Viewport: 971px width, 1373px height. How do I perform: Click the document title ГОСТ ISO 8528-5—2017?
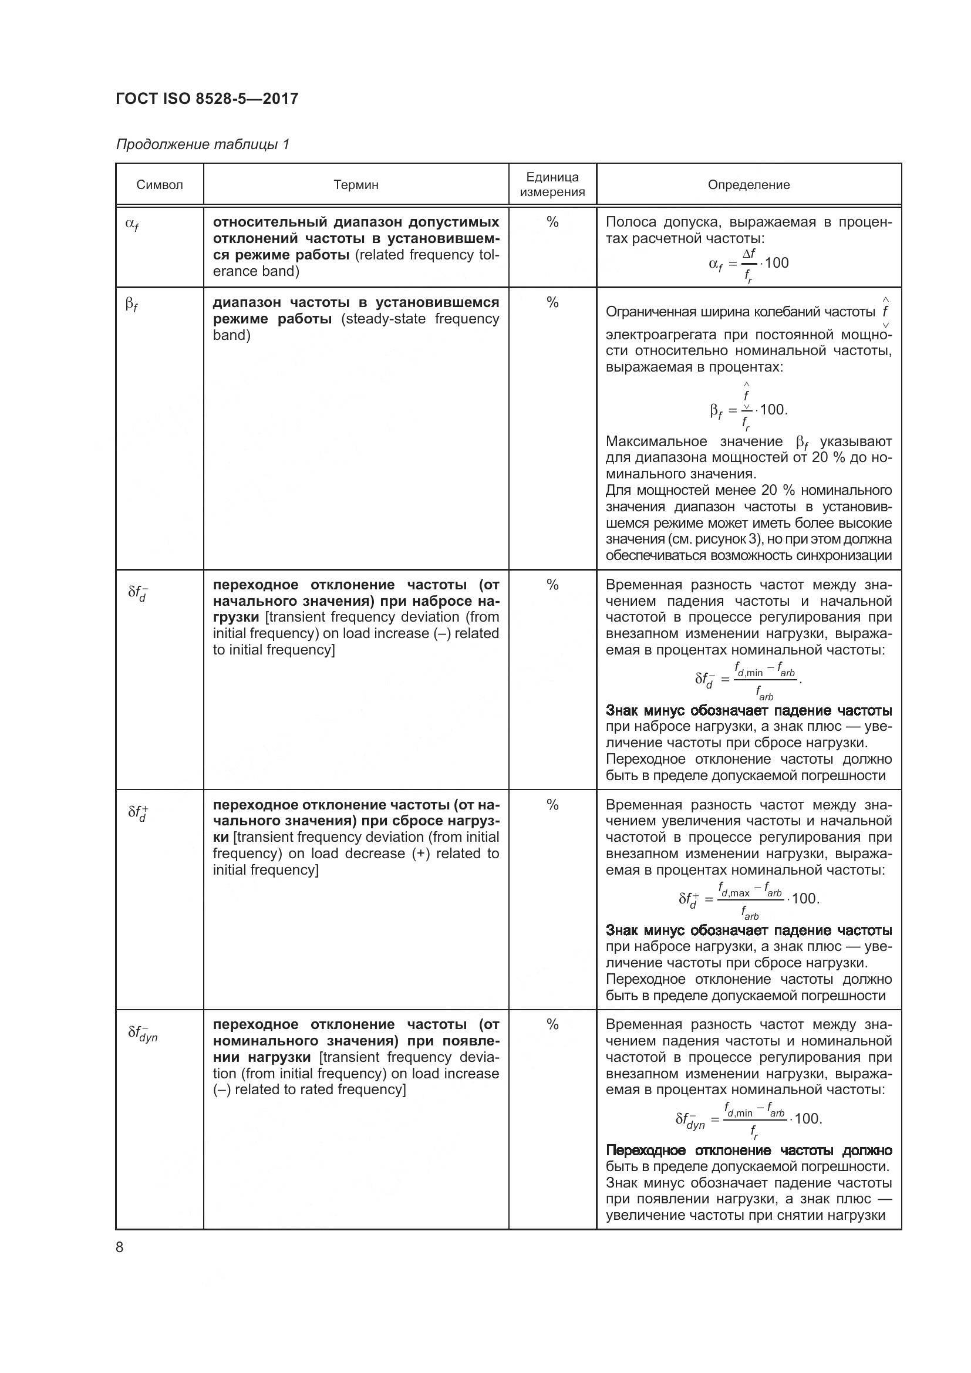tap(207, 99)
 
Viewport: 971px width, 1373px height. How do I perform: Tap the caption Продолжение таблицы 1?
tap(203, 144)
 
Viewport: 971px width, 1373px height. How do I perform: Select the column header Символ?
tap(160, 185)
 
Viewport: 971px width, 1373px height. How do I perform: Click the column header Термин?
tap(356, 185)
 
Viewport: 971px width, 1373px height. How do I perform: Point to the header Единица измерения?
tap(552, 184)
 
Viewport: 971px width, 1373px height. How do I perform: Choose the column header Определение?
tap(749, 185)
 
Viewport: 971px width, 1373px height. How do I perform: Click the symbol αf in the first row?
tap(132, 224)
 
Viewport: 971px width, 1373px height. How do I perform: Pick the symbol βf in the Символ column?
tap(132, 305)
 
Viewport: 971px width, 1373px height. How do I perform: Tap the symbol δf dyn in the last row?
tap(142, 1033)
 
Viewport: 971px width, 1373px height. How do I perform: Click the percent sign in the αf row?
tap(552, 222)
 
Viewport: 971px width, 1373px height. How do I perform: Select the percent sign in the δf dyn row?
tap(552, 1024)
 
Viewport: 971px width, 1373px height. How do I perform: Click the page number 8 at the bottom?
tap(120, 1247)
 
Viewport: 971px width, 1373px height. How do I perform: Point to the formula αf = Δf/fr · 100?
tap(749, 264)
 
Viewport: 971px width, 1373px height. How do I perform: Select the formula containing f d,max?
tap(749, 899)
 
